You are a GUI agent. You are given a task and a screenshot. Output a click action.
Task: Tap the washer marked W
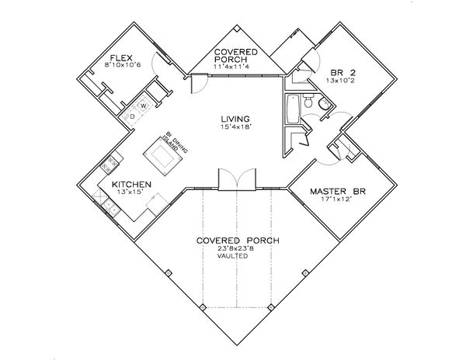144,106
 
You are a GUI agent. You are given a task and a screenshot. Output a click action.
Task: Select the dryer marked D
133,116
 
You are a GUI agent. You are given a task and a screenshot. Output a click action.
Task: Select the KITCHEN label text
123,184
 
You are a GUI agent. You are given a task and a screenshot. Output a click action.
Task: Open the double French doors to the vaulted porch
234,180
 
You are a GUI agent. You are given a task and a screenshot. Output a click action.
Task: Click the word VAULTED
233,256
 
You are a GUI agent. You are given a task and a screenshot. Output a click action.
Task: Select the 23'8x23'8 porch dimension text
233,248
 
